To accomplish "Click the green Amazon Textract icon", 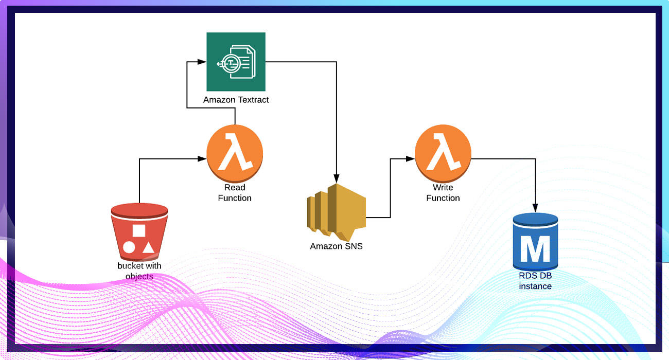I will tap(236, 62).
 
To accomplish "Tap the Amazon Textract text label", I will tap(236, 100).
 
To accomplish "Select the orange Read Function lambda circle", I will tap(235, 153).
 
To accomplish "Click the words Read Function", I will tap(235, 193).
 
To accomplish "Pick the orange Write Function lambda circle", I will tap(443, 153).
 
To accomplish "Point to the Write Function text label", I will tap(443, 193).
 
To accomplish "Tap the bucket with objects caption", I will tap(139, 271).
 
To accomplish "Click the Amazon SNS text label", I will tap(336, 246).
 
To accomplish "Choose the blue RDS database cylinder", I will tap(535, 242).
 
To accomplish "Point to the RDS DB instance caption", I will tap(535, 281).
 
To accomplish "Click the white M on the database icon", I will tap(535, 249).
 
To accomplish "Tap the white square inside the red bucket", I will tap(139, 230).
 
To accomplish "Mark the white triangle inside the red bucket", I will tap(148, 247).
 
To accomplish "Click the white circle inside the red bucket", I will tap(129, 247).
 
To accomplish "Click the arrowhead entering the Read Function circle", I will tap(202, 159).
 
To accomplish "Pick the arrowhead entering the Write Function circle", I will tap(411, 159).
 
